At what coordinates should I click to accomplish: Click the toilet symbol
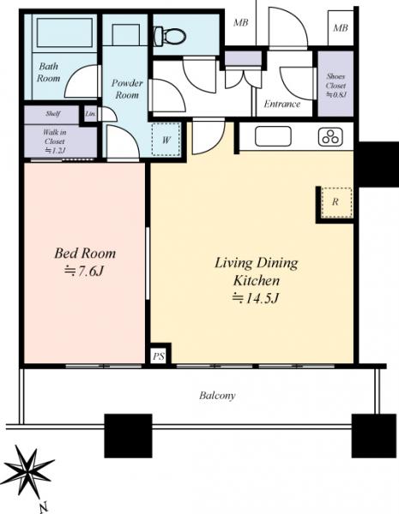[170, 36]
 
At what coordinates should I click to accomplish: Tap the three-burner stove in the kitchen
[330, 137]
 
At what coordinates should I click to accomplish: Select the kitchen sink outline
[273, 136]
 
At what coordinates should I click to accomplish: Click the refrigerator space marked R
[336, 202]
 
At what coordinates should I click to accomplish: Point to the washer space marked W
[166, 140]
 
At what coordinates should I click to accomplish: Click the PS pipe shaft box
[158, 356]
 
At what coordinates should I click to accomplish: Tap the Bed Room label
[85, 254]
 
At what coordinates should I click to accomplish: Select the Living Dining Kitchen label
[257, 272]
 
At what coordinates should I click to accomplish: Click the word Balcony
[217, 395]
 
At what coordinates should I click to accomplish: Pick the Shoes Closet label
[336, 81]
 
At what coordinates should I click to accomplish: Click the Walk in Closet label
[55, 137]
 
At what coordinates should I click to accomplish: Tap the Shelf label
[52, 114]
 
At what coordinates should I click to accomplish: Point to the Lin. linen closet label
[90, 114]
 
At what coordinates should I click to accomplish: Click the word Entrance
[282, 105]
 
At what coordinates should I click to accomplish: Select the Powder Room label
[127, 89]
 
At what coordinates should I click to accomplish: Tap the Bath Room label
[48, 72]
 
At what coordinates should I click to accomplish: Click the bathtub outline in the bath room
[64, 33]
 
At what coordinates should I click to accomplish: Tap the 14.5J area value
[256, 297]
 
